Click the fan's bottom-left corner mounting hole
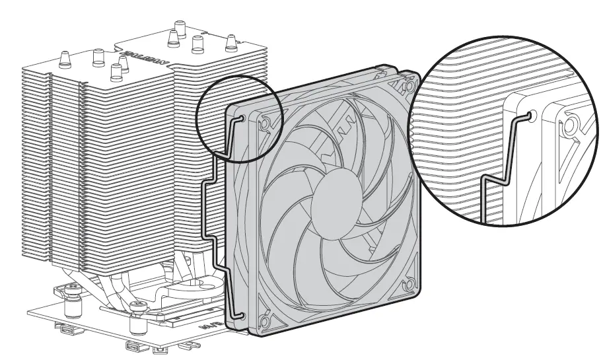pos(264,322)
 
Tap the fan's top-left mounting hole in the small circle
pos(265,123)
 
